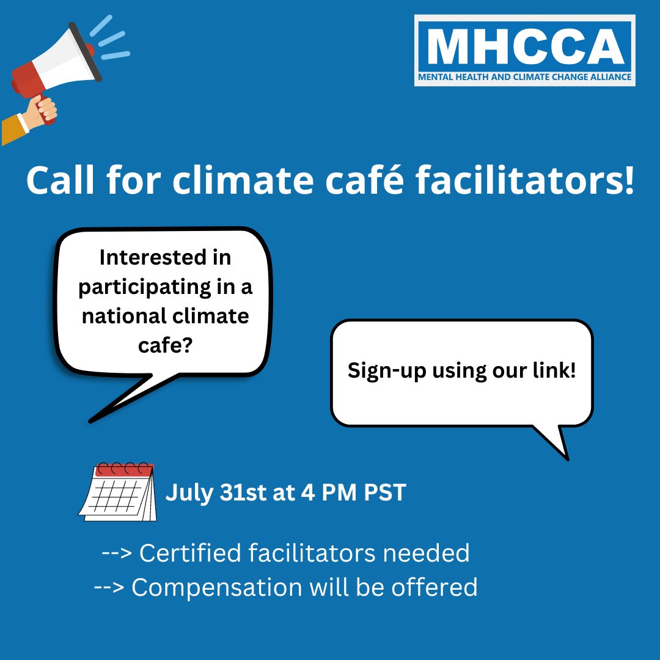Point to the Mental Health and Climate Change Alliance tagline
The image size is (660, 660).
click(525, 78)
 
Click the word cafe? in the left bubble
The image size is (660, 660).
click(165, 346)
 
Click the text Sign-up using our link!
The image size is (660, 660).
click(462, 370)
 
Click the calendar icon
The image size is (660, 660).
click(117, 492)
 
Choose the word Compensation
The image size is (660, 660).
click(216, 587)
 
